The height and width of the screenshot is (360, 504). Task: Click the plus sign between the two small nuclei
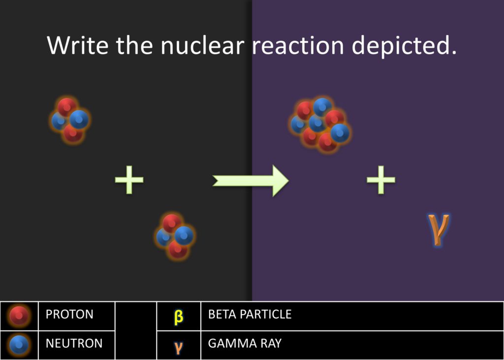click(129, 180)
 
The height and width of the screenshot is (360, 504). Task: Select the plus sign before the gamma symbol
click(381, 180)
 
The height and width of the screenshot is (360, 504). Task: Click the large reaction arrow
click(251, 181)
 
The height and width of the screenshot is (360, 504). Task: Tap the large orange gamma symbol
click(438, 229)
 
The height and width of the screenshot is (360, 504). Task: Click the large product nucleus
click(320, 125)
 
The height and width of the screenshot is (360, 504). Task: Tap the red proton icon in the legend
click(19, 316)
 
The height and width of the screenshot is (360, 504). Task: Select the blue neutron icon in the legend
click(19, 345)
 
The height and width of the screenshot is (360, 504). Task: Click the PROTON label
click(69, 314)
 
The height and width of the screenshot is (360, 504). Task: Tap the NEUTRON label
click(74, 343)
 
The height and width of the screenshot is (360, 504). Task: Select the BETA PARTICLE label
click(250, 314)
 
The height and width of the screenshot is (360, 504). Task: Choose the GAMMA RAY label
click(244, 343)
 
